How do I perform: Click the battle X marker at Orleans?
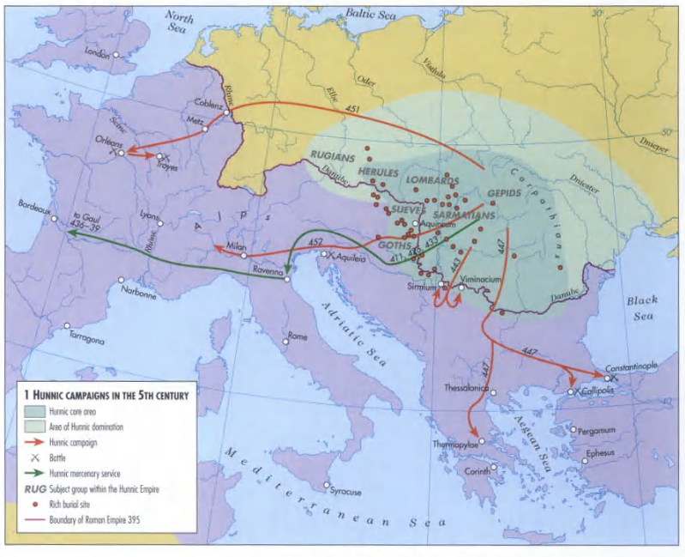coord(114,154)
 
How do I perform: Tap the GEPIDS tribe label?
coord(504,193)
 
